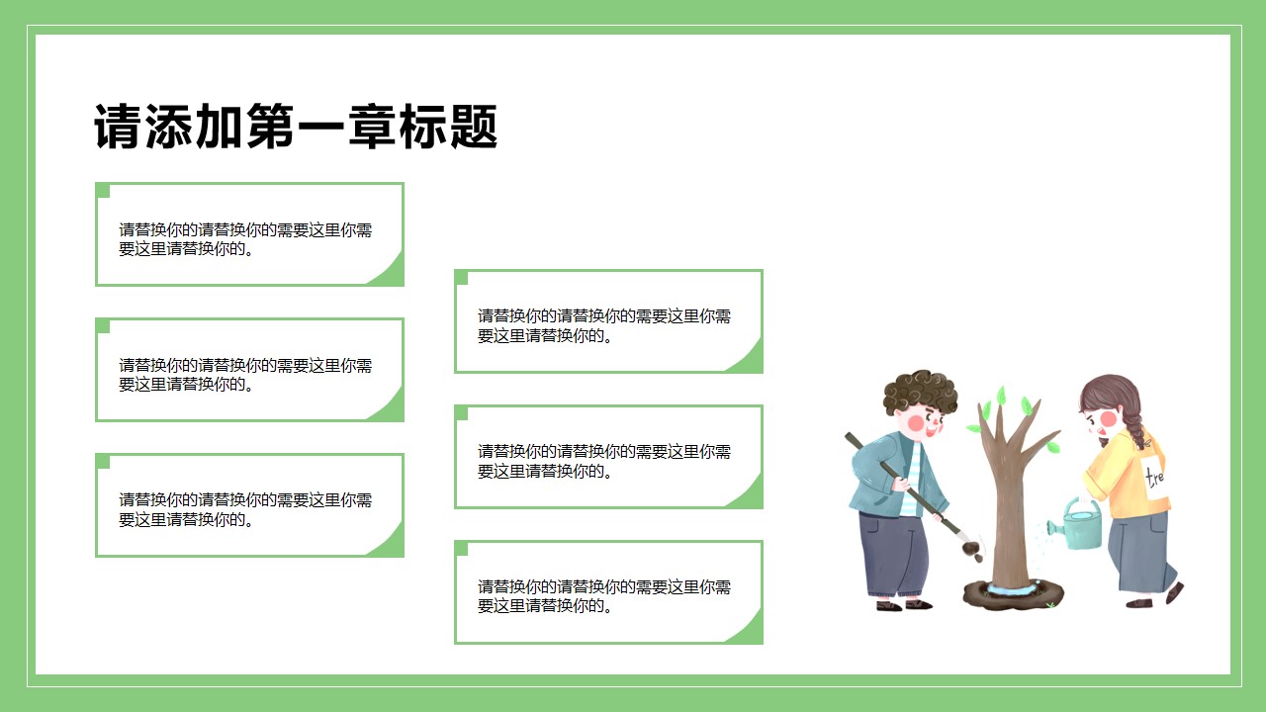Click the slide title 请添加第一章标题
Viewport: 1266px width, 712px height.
click(x=296, y=127)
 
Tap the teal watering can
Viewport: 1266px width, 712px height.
click(x=1077, y=524)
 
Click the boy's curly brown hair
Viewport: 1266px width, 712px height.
click(x=920, y=391)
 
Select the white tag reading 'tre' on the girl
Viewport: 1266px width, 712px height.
click(x=1154, y=477)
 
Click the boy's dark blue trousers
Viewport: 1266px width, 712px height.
click(x=893, y=554)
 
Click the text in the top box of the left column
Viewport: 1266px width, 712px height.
click(x=245, y=239)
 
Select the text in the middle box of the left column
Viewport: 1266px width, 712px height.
click(x=245, y=375)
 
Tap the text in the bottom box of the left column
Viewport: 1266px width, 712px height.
click(x=245, y=509)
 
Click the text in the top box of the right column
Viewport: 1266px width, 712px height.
click(x=604, y=325)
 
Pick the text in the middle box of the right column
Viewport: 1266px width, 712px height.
click(x=604, y=461)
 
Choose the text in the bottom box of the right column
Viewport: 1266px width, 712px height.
click(x=604, y=596)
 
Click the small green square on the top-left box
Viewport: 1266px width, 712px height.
click(x=102, y=190)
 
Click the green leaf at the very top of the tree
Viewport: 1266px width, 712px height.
click(x=1002, y=395)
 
